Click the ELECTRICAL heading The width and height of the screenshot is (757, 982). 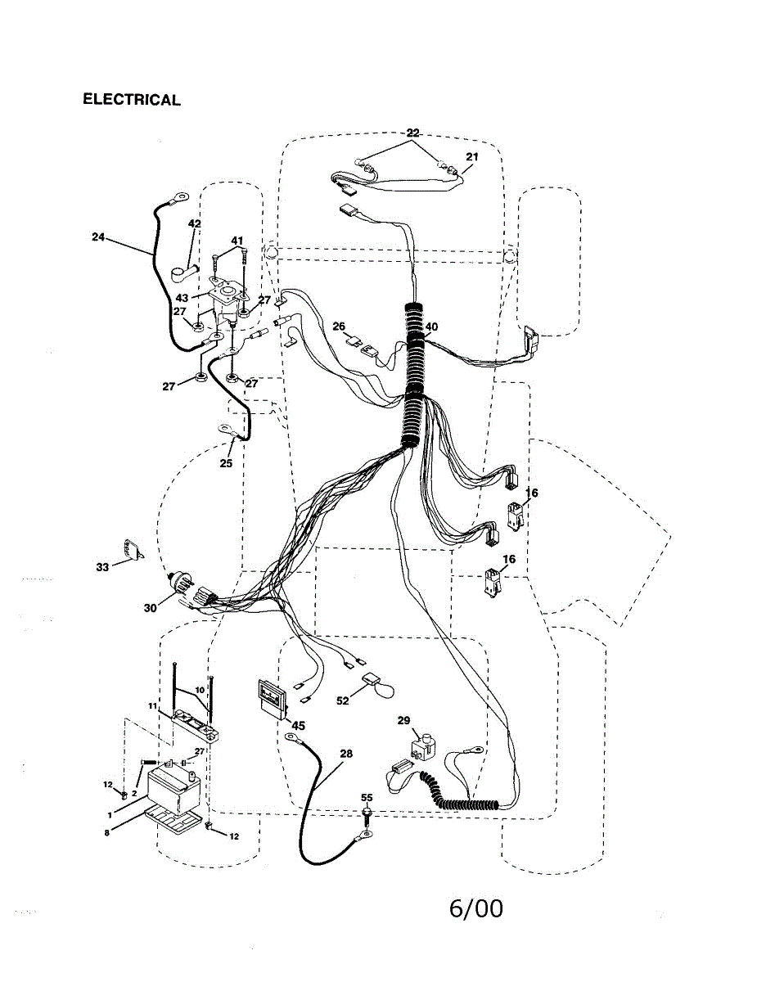pyautogui.click(x=131, y=100)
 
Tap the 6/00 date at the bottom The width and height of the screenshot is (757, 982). pyautogui.click(x=475, y=909)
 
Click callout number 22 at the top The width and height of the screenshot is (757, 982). pyautogui.click(x=412, y=133)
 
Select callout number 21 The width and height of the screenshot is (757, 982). pyautogui.click(x=472, y=157)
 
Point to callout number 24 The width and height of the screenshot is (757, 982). pyautogui.click(x=98, y=237)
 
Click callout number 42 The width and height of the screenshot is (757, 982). pyautogui.click(x=195, y=224)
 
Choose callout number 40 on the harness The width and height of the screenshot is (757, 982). pyautogui.click(x=431, y=327)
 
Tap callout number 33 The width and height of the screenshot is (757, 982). pyautogui.click(x=102, y=566)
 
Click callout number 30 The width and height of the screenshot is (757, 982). pyautogui.click(x=150, y=608)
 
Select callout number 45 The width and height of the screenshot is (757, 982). pyautogui.click(x=298, y=725)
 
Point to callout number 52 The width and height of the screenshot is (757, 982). pyautogui.click(x=342, y=701)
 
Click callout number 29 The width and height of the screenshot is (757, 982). pyautogui.click(x=403, y=720)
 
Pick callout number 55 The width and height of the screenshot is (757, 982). pyautogui.click(x=367, y=796)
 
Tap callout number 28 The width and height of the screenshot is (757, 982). pyautogui.click(x=346, y=754)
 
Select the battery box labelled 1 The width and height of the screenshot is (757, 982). pyautogui.click(x=173, y=791)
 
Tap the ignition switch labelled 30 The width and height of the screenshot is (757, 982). pyautogui.click(x=182, y=588)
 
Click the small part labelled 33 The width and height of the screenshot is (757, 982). pyautogui.click(x=128, y=550)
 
